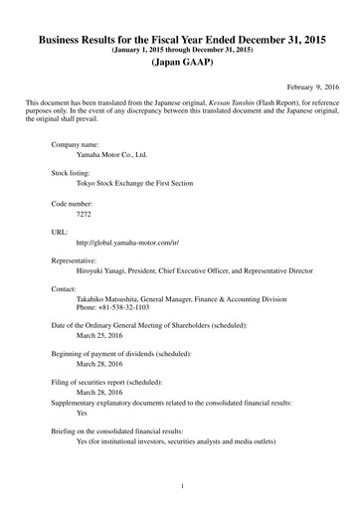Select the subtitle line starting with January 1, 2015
179,48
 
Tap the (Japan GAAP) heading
179,63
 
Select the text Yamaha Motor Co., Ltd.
112,156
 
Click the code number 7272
84,214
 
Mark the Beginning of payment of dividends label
121,355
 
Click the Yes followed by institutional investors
83,441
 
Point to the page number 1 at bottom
180,486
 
